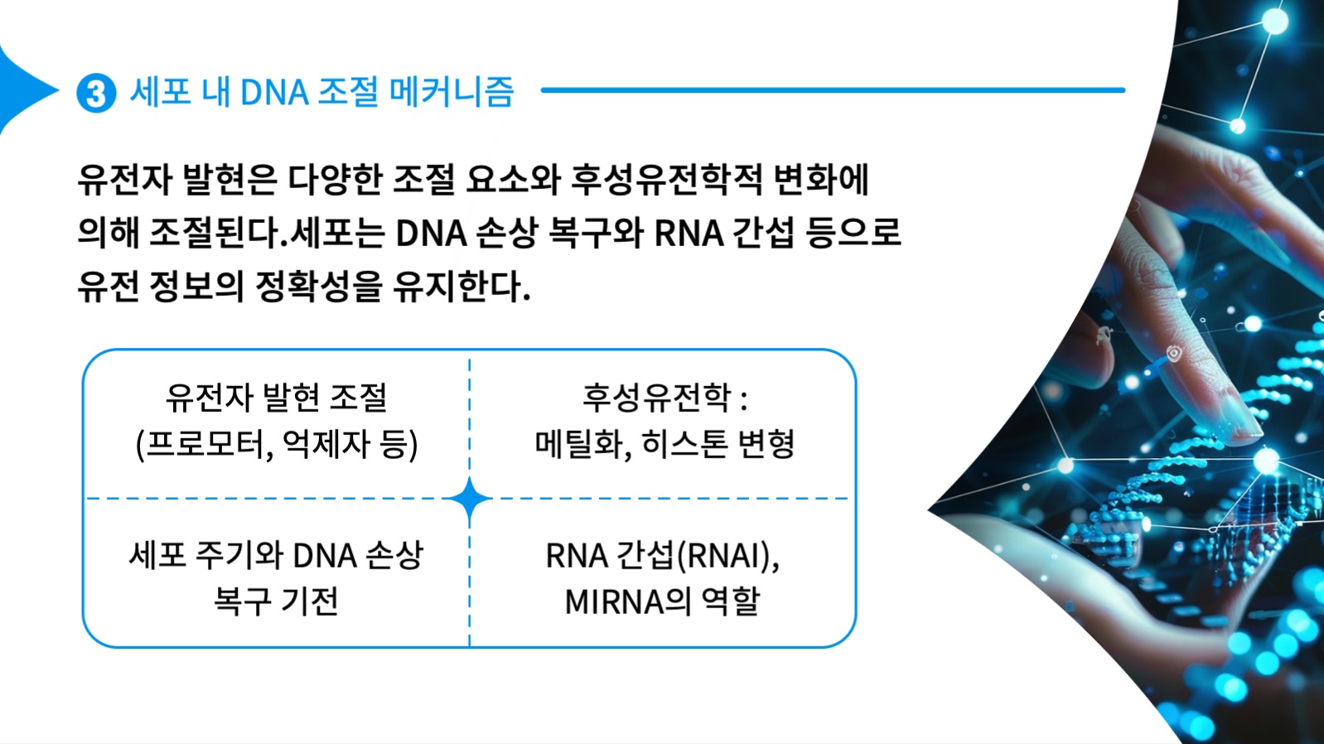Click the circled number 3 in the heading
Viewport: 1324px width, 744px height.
[96, 93]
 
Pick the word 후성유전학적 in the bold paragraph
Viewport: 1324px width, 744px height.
[666, 180]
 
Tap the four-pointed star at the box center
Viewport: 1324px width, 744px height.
[470, 500]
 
